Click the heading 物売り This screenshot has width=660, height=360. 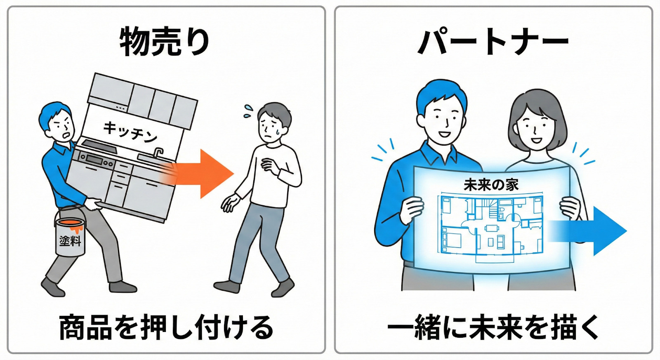[x=165, y=41]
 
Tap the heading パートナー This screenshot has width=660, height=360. [x=493, y=42]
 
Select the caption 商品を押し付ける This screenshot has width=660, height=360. [x=166, y=327]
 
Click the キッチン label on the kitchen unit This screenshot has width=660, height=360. [x=130, y=132]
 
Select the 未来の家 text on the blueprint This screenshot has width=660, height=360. [x=491, y=185]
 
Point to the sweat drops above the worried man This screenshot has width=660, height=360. [x=248, y=111]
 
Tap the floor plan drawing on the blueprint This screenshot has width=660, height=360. [x=491, y=228]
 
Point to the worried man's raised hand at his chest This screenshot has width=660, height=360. [x=270, y=167]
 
